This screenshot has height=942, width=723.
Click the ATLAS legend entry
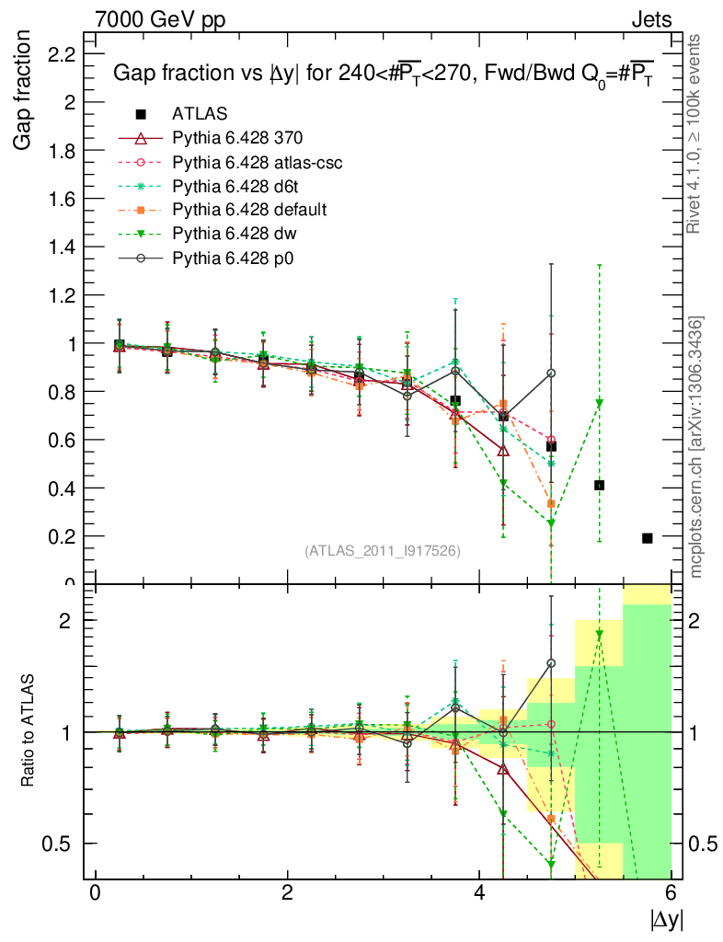[201, 114]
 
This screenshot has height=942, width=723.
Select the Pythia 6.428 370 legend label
[237, 138]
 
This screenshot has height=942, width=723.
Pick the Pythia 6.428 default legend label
[248, 210]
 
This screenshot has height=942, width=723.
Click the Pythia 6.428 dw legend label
[235, 234]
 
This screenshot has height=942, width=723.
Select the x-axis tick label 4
[480, 892]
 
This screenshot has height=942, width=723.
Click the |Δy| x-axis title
[666, 919]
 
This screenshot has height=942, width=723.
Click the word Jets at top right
[650, 18]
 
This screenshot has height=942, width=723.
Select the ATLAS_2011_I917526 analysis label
[383, 550]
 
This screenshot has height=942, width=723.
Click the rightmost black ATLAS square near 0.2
[647, 538]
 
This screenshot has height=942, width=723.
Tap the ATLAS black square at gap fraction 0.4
[599, 485]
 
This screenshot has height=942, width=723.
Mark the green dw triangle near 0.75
[599, 403]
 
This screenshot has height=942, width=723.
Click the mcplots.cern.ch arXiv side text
[696, 448]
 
